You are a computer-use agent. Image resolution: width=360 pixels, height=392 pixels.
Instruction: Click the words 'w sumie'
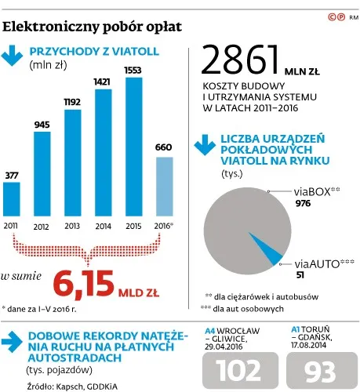coord(22,277)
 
